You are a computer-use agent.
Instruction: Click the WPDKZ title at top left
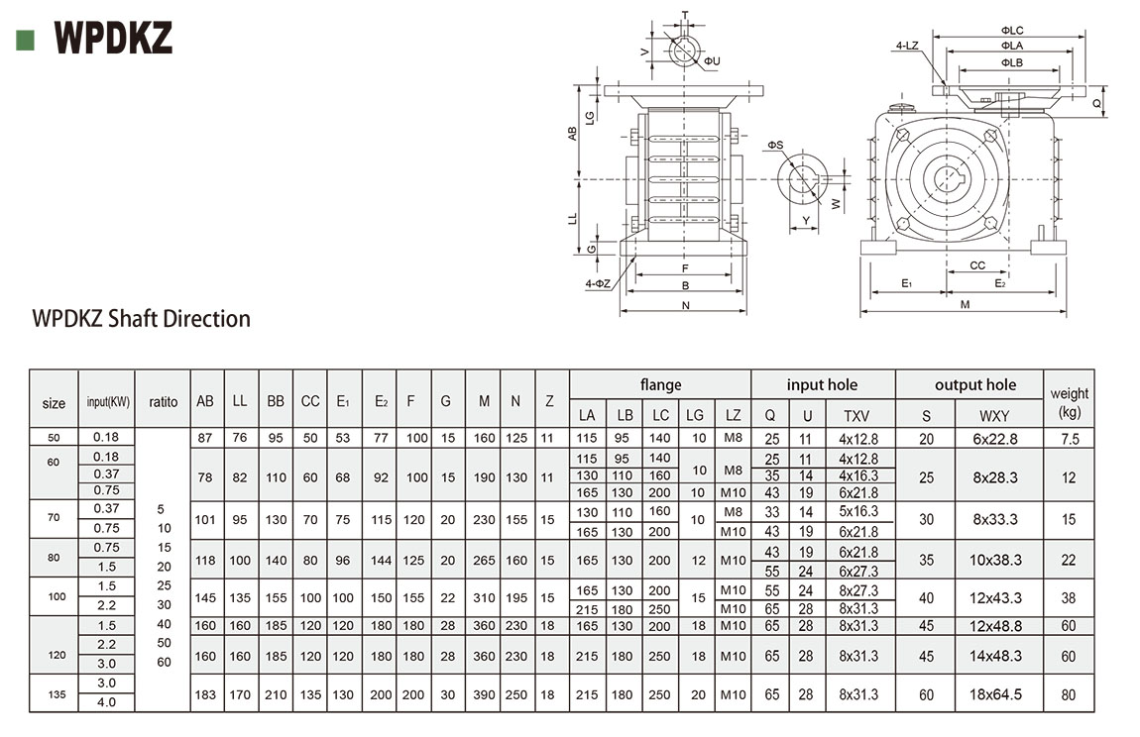[115, 38]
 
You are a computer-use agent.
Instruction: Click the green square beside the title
[26, 40]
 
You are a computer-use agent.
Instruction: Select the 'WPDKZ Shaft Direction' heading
[142, 319]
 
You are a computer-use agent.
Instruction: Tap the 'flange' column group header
[660, 384]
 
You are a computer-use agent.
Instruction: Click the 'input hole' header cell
[822, 384]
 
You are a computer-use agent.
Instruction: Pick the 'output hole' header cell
[974, 384]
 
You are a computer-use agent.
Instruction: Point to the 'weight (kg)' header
[1069, 401]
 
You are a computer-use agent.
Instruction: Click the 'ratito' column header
[163, 402]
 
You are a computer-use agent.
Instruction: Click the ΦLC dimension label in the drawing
[1011, 31]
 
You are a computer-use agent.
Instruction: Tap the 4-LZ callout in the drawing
[906, 46]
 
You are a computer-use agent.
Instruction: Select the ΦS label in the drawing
[774, 146]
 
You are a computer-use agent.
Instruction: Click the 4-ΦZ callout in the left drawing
[597, 284]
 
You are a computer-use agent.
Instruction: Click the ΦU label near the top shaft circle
[712, 61]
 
